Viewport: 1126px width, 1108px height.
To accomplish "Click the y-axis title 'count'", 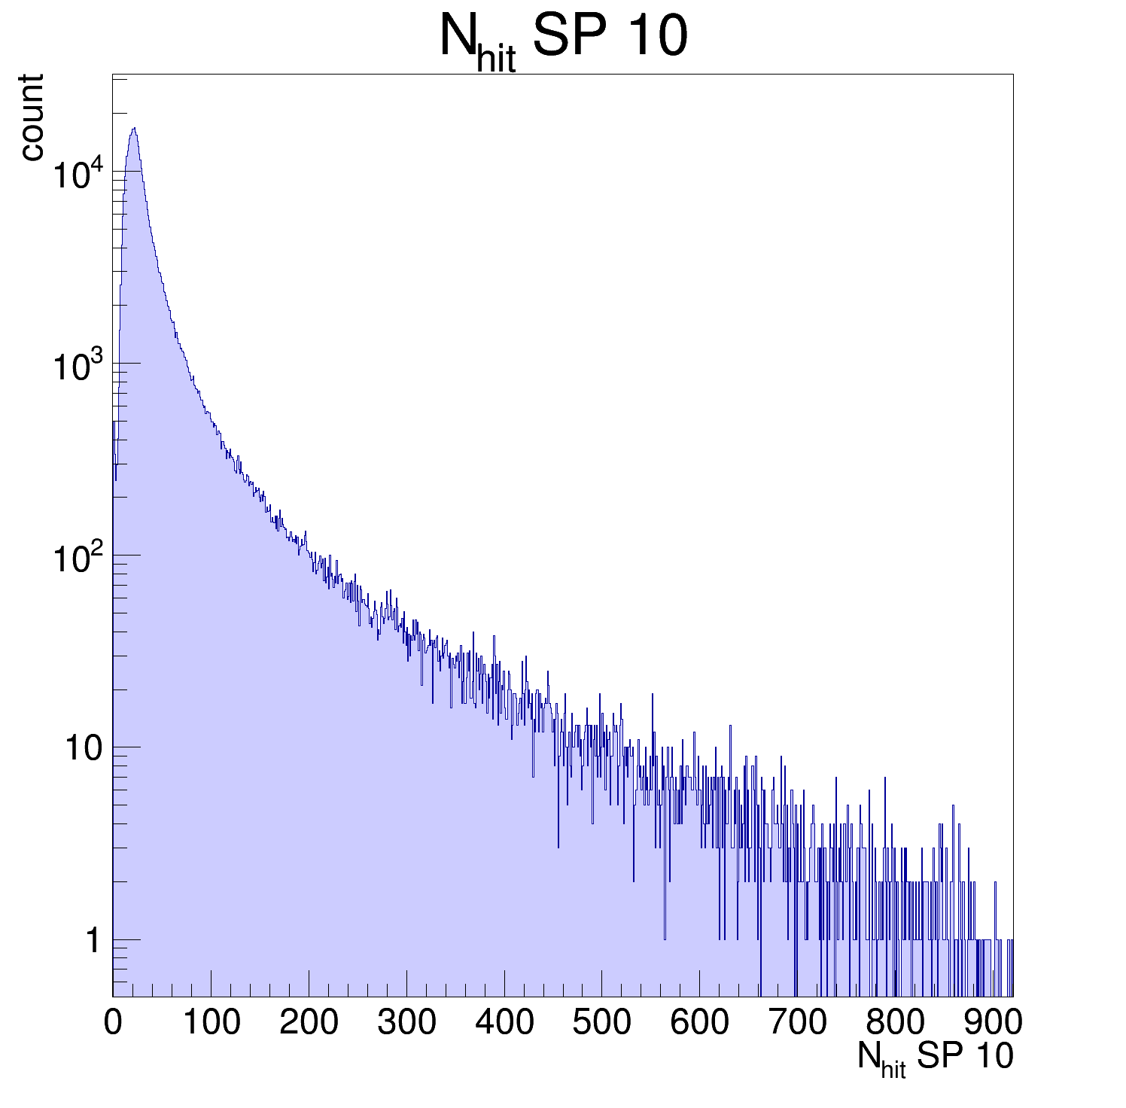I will point(32,117).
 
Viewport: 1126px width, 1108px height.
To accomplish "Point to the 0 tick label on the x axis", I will point(113,1022).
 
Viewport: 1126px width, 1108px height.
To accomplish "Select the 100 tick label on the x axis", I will point(211,1022).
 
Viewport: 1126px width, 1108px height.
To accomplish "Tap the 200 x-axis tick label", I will point(309,1022).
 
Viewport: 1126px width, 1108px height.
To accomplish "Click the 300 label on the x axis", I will point(406,1022).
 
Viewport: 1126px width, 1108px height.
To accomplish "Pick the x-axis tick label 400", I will point(504,1022).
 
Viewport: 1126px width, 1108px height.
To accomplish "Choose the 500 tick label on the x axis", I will point(601,1022).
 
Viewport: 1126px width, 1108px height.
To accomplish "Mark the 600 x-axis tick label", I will point(699,1022).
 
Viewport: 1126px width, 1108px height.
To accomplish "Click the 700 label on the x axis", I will point(797,1022).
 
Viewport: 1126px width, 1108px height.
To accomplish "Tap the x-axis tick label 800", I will point(895,1022).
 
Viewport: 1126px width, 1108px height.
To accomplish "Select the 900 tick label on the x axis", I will point(993,1022).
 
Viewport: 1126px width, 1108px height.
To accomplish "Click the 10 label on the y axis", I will point(82,749).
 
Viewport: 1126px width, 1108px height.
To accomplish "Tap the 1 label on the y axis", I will point(93,941).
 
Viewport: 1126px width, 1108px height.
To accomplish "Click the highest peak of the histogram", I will point(134,129).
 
